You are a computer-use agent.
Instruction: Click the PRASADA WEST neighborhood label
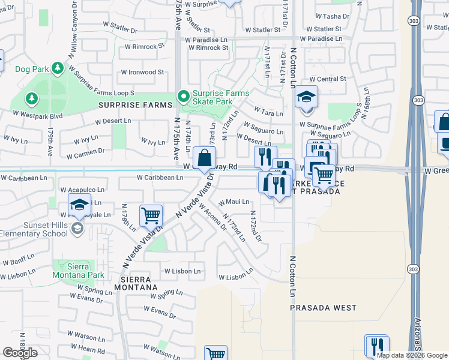click(x=323, y=308)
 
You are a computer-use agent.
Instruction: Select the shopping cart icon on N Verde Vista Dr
click(x=151, y=215)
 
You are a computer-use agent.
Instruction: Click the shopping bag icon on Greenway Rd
click(x=205, y=158)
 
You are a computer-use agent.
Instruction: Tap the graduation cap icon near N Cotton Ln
click(x=306, y=97)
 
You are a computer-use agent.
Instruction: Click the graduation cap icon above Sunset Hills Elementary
click(x=79, y=205)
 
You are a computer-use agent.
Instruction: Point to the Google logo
click(x=20, y=353)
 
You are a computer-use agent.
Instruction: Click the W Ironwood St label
click(x=142, y=72)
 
